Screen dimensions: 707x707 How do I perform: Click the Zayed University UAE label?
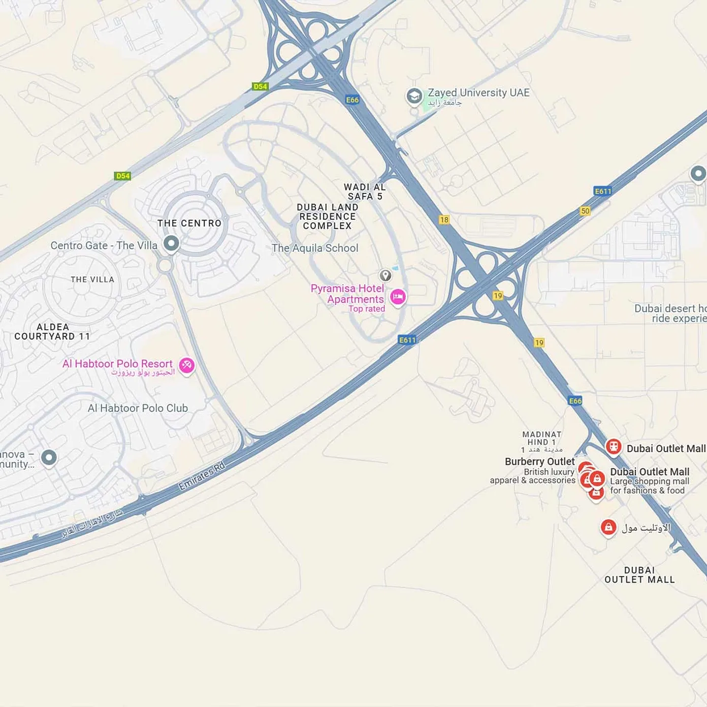(478, 92)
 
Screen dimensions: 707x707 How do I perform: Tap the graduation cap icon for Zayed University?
(414, 96)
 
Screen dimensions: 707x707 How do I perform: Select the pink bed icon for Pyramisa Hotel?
(398, 297)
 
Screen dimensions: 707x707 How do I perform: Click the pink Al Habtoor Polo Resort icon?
(186, 365)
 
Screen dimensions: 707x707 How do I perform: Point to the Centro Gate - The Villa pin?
(171, 243)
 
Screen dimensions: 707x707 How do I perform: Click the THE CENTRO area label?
(189, 223)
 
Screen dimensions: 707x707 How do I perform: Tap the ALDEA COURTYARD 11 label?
(52, 332)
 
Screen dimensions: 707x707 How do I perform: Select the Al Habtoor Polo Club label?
(138, 408)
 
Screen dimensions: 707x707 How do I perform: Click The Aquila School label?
(315, 248)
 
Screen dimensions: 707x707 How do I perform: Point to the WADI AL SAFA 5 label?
(365, 191)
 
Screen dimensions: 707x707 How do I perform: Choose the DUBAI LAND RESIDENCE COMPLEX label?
(328, 216)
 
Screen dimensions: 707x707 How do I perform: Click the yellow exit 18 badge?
(444, 219)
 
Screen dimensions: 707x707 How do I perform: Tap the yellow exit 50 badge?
(585, 211)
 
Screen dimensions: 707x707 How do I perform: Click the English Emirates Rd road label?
(202, 476)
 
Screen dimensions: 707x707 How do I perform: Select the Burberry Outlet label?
(539, 462)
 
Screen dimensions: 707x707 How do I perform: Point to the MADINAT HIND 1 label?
(542, 438)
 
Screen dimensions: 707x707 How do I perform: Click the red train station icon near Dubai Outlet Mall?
(614, 447)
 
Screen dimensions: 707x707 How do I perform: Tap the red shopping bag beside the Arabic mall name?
(608, 527)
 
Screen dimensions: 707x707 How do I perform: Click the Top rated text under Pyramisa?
(367, 309)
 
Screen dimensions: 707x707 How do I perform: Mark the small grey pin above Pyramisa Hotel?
(385, 275)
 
